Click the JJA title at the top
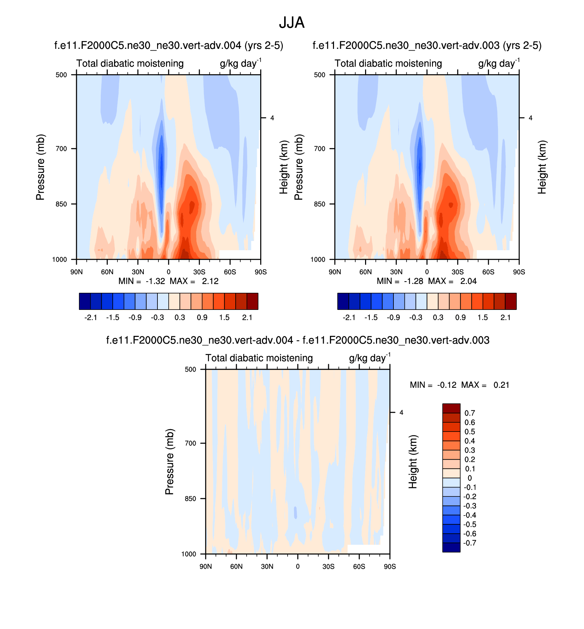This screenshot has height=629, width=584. coord(292,23)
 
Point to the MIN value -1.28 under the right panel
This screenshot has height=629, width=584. coord(414,281)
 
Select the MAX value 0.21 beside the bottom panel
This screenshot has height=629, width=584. coord(501,385)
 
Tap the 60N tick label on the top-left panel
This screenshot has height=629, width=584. coord(107,272)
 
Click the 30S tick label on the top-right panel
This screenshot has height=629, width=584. coord(458,272)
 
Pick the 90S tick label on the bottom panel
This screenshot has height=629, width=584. coord(390,566)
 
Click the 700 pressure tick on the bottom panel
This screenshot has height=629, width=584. coord(191,443)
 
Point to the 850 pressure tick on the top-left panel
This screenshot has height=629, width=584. coord(61,204)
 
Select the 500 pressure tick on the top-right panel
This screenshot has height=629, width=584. coord(320,75)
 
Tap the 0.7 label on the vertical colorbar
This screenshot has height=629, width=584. coord(470,413)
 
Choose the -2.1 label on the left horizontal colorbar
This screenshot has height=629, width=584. coord(91,318)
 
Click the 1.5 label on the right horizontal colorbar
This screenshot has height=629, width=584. coord(483,318)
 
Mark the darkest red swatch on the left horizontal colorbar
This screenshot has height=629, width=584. coord(252,301)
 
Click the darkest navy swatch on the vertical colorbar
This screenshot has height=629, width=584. coord(451,547)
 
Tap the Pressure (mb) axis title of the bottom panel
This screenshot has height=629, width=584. coord(169,462)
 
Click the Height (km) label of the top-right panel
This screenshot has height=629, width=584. coord(542,167)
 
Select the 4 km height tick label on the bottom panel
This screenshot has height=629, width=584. coord(401,413)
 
